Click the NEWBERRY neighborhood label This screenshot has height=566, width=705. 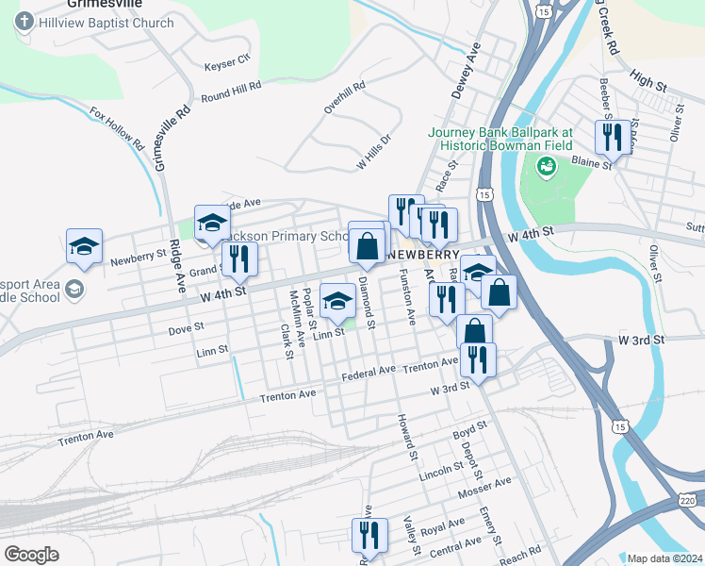point(422,255)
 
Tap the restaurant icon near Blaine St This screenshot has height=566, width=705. point(613,137)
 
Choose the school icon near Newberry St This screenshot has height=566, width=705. point(84,245)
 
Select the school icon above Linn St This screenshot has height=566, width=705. point(336,300)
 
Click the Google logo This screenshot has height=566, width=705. point(31,555)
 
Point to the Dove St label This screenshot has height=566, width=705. point(185,328)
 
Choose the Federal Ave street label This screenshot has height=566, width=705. point(369,372)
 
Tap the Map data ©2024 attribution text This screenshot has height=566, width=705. point(664,558)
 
